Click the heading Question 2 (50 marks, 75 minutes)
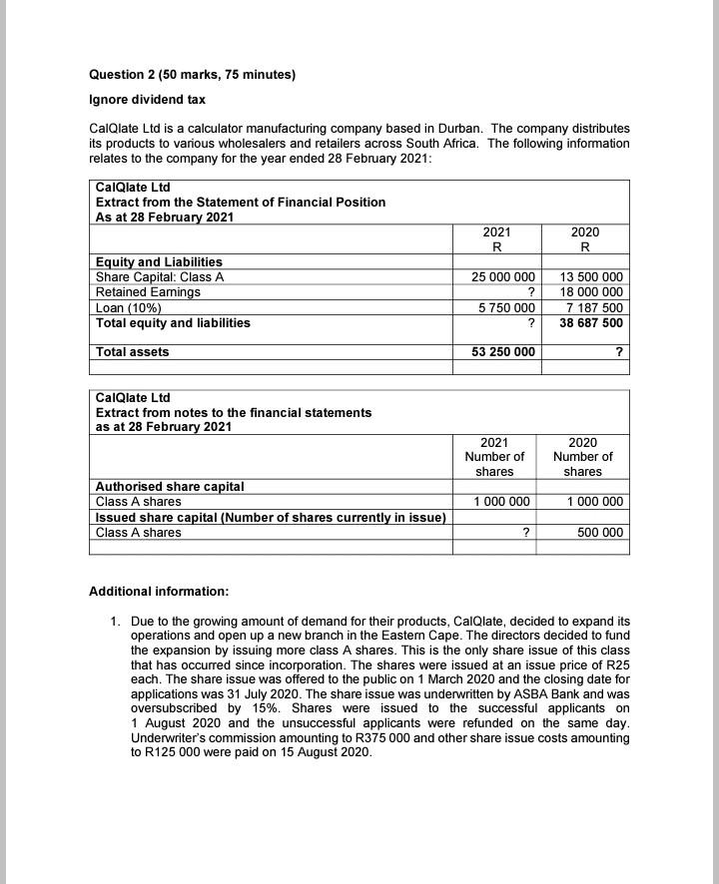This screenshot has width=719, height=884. [193, 75]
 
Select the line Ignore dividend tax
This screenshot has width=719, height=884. [147, 100]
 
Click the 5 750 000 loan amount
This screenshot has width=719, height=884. [505, 307]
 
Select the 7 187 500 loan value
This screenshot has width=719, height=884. [595, 307]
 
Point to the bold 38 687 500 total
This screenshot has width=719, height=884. [591, 323]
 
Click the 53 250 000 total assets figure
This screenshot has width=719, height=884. [502, 352]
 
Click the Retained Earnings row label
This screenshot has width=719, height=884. [148, 292]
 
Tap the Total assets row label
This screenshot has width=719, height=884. [132, 352]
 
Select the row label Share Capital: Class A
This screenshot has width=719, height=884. [160, 276]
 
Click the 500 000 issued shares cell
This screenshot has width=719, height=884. [600, 532]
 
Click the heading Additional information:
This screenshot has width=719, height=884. [159, 592]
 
